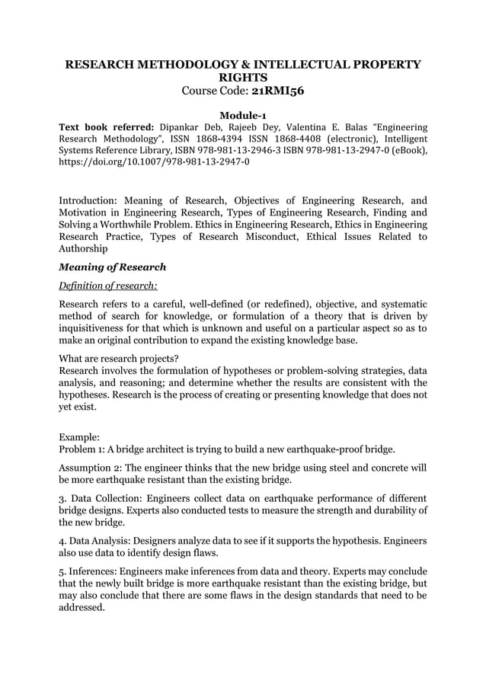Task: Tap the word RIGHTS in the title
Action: click(242, 78)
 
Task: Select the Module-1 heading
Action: click(242, 114)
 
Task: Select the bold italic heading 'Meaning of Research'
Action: click(112, 267)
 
